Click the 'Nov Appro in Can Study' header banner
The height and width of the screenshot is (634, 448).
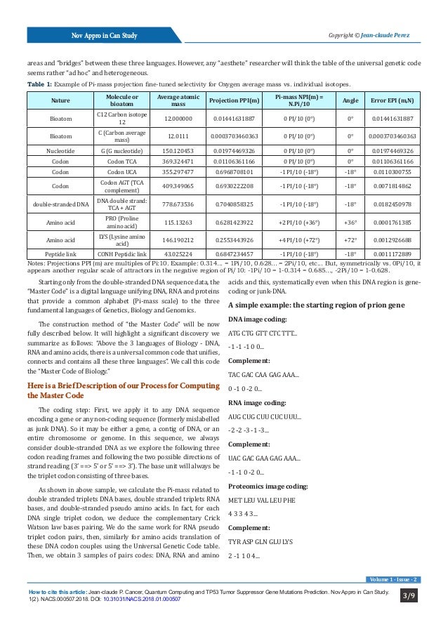pyautogui.click(x=98, y=36)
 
